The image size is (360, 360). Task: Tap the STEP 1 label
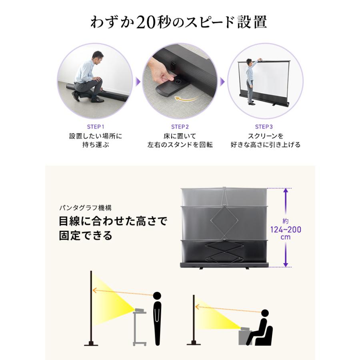(96, 127)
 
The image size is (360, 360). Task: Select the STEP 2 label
(180, 127)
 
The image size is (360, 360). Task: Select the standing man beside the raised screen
(251, 82)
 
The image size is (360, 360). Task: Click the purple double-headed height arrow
(286, 228)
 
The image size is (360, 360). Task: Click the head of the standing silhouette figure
(157, 296)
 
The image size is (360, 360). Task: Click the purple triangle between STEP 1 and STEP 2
(137, 82)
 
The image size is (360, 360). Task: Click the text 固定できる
(86, 235)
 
